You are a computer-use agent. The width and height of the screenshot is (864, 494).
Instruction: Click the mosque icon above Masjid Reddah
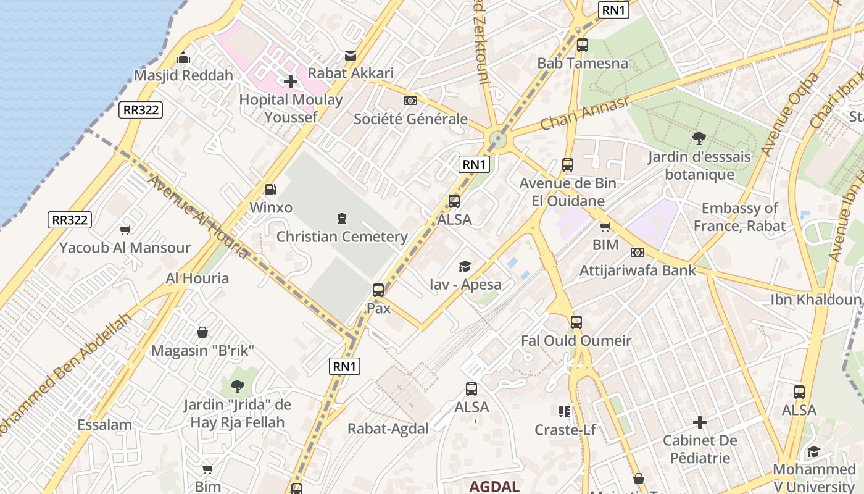coord(183,57)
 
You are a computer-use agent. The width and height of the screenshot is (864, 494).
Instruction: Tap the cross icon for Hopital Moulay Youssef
coord(291,82)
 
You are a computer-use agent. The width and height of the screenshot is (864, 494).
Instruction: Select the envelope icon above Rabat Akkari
coord(351,56)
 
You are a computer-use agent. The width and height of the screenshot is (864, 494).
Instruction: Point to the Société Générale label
coord(410,119)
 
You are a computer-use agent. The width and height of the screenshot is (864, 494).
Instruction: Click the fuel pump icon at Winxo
coord(270,190)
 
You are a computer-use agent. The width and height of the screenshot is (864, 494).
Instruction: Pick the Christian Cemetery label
coord(342,237)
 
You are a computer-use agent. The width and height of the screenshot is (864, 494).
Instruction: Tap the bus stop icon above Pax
coord(378,290)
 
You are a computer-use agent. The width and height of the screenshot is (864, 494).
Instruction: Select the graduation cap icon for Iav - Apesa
coord(465,267)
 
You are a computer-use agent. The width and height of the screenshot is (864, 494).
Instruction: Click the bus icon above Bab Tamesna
coord(582,45)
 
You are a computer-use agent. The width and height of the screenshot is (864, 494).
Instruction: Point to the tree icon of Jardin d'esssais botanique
coord(699,138)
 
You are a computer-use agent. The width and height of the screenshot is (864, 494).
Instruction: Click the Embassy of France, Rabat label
coord(739,217)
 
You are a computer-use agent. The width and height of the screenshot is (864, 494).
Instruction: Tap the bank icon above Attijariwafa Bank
coord(638,253)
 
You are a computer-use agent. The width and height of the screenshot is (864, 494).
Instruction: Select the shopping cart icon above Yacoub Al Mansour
coord(125,230)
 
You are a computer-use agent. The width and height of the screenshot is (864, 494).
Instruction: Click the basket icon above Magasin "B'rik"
coord(202,333)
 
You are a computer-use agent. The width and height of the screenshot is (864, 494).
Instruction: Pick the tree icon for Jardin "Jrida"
coord(237,387)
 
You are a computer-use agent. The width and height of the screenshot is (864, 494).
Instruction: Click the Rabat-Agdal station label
coord(388,429)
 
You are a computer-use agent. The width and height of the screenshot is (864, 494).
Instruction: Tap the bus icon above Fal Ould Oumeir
coord(576,322)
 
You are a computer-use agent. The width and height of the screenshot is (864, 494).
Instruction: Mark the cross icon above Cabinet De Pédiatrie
coord(700,422)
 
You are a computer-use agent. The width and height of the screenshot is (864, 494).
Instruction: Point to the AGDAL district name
coord(494,486)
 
